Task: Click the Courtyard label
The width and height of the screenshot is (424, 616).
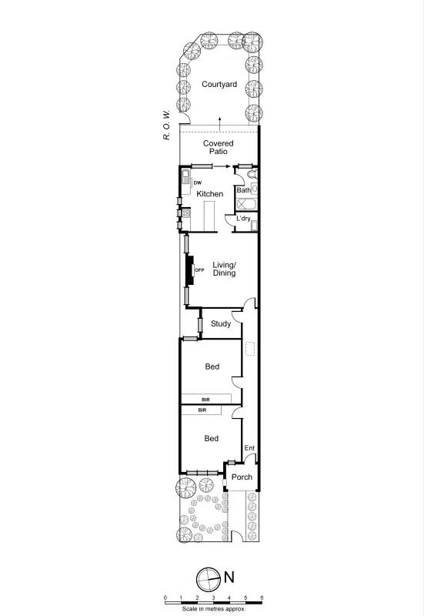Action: point(219,85)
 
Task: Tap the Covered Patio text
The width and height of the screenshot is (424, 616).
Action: point(218,147)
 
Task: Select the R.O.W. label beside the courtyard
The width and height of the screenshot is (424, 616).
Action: point(166,124)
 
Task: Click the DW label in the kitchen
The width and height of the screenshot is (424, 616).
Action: point(186,182)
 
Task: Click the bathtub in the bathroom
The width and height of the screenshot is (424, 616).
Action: point(246,204)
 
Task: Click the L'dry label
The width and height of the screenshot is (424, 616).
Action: point(244,219)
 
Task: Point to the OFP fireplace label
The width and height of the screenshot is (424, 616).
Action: point(199,270)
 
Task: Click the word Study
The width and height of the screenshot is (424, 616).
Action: point(221,324)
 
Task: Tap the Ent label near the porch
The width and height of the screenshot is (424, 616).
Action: point(249,448)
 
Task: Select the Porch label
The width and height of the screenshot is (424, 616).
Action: point(242,477)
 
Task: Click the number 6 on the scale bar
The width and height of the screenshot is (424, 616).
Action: point(262,598)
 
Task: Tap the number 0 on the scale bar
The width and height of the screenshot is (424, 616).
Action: point(165,598)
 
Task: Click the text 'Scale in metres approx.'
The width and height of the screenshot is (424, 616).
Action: point(213,608)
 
